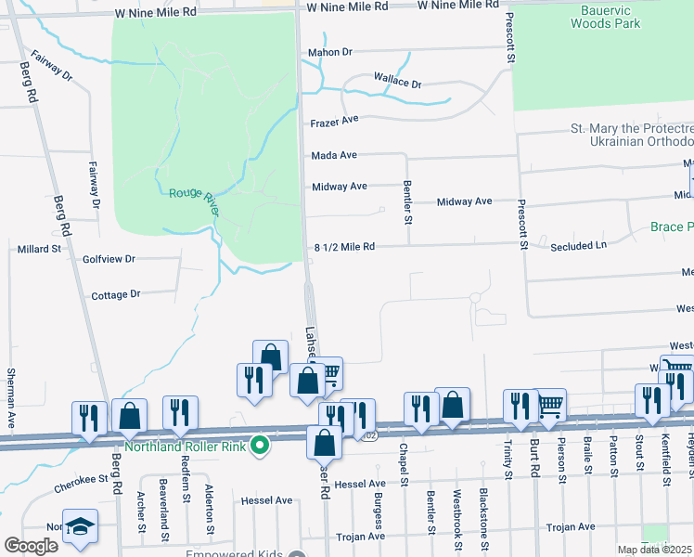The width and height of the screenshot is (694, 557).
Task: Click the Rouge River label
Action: (x=194, y=201)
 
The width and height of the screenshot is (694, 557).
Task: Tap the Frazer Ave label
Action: (x=335, y=121)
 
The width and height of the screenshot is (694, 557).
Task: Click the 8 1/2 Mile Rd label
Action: (x=344, y=247)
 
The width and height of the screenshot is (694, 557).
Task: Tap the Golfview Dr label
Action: (x=109, y=259)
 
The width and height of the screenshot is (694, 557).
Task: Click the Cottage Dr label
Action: (x=116, y=294)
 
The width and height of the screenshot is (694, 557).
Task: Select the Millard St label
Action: (x=39, y=249)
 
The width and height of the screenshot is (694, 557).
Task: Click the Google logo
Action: (x=31, y=546)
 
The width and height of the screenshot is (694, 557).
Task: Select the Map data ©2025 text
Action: (x=654, y=550)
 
